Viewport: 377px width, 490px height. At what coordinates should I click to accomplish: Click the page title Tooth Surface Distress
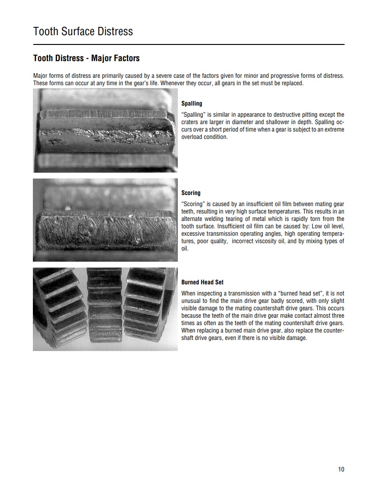pos(83,31)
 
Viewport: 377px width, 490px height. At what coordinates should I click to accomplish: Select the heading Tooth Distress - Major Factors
pos(86,58)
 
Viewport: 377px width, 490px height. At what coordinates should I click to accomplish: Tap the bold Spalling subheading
pos(192,104)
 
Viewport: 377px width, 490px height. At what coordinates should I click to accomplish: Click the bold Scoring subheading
pos(191,193)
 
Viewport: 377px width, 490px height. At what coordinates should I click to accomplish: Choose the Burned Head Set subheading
pos(202,282)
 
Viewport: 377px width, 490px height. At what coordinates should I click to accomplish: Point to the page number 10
pos(341,470)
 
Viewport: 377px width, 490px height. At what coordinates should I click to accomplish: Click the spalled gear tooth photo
pos(105,131)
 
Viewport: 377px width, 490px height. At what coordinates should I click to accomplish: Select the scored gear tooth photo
pos(105,220)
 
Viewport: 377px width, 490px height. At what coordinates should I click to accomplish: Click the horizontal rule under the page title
pos(188,44)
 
